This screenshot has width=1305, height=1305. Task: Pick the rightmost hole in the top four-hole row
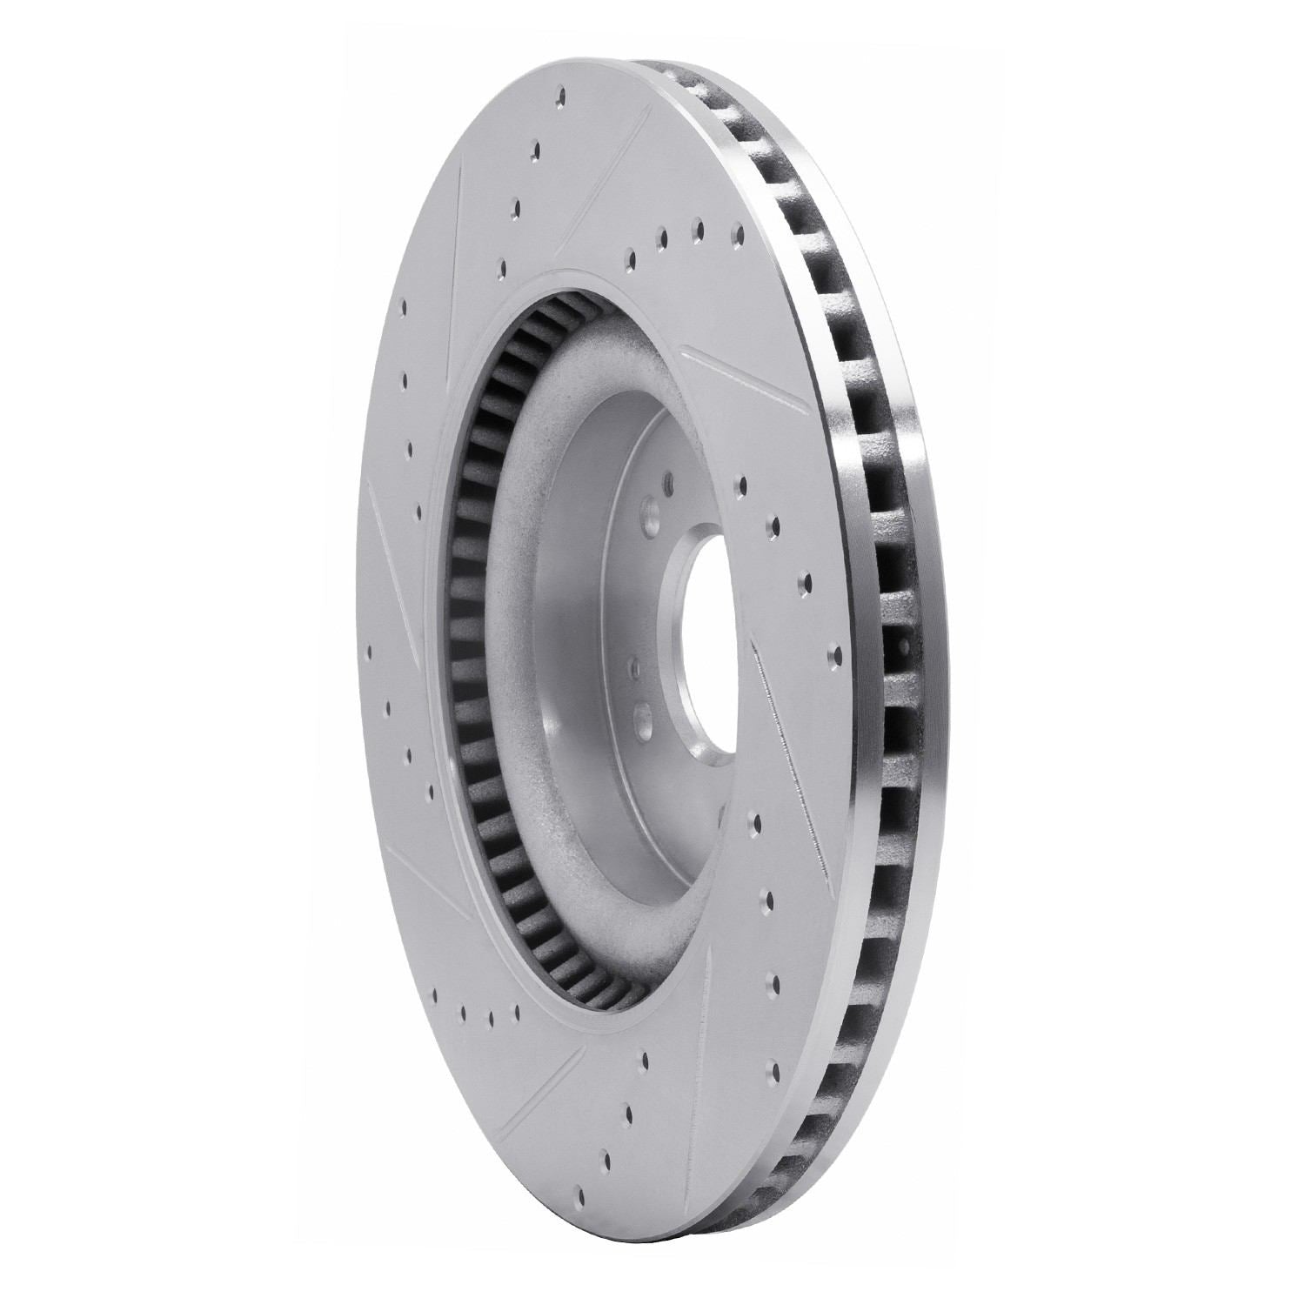(x=738, y=233)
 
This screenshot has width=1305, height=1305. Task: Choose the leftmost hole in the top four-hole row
(x=627, y=258)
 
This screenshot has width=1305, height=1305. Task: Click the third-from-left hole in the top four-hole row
(x=698, y=229)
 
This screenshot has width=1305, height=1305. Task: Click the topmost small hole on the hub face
(x=666, y=480)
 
